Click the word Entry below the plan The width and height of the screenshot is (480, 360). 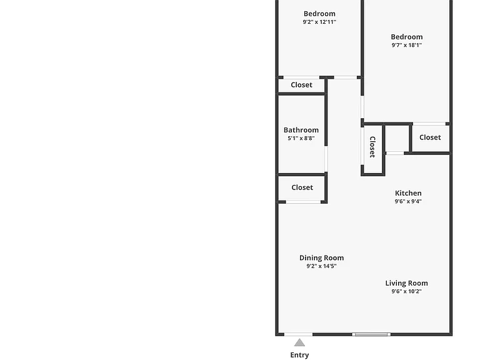(x=299, y=355)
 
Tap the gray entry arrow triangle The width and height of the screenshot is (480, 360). (x=300, y=342)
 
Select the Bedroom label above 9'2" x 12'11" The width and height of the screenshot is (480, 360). (x=319, y=14)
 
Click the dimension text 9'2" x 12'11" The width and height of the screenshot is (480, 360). (x=319, y=22)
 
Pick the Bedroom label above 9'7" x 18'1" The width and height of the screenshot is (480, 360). (x=406, y=37)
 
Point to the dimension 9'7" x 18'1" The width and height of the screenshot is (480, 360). (x=406, y=45)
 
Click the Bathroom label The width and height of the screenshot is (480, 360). (x=301, y=130)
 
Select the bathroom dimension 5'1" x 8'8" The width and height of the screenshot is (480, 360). (x=301, y=138)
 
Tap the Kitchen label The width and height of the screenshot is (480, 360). (x=408, y=193)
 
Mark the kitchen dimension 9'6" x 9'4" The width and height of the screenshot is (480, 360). (x=408, y=201)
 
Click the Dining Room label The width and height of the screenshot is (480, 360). (x=321, y=258)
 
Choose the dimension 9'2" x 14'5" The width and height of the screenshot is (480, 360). (x=321, y=266)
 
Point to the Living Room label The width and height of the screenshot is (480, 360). (x=406, y=284)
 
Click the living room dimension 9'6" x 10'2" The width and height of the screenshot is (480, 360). (x=406, y=291)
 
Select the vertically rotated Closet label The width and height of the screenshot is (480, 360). (x=372, y=147)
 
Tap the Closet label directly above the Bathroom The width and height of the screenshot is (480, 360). (x=301, y=85)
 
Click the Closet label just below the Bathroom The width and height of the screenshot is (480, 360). (x=302, y=187)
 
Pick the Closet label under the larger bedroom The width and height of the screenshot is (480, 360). (x=430, y=137)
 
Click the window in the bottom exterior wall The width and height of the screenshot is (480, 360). (x=371, y=334)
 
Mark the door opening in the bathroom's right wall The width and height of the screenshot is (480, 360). (x=326, y=159)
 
